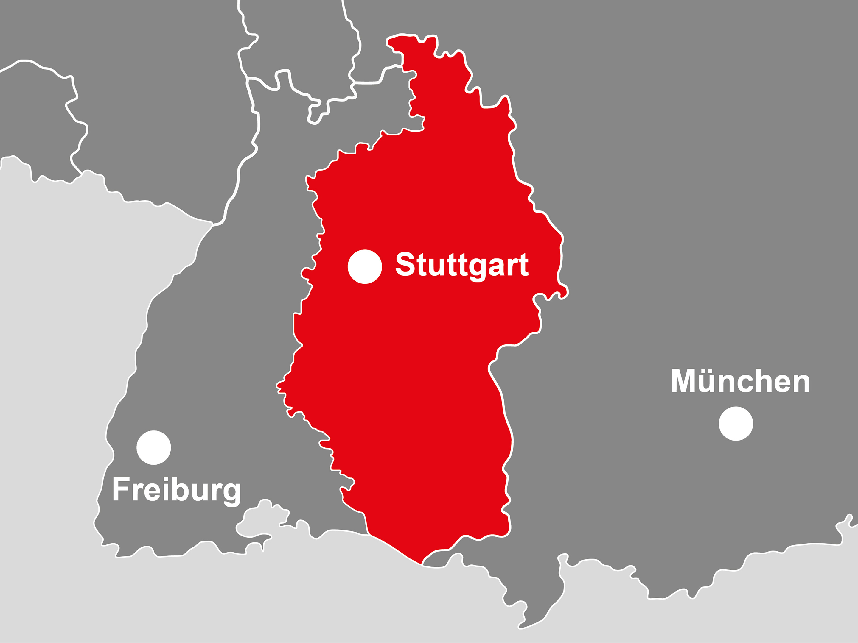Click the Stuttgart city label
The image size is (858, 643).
click(461, 265)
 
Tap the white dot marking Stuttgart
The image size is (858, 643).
click(365, 267)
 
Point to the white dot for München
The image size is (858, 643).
click(736, 424)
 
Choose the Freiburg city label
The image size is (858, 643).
click(176, 490)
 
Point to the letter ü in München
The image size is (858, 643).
click(708, 381)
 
